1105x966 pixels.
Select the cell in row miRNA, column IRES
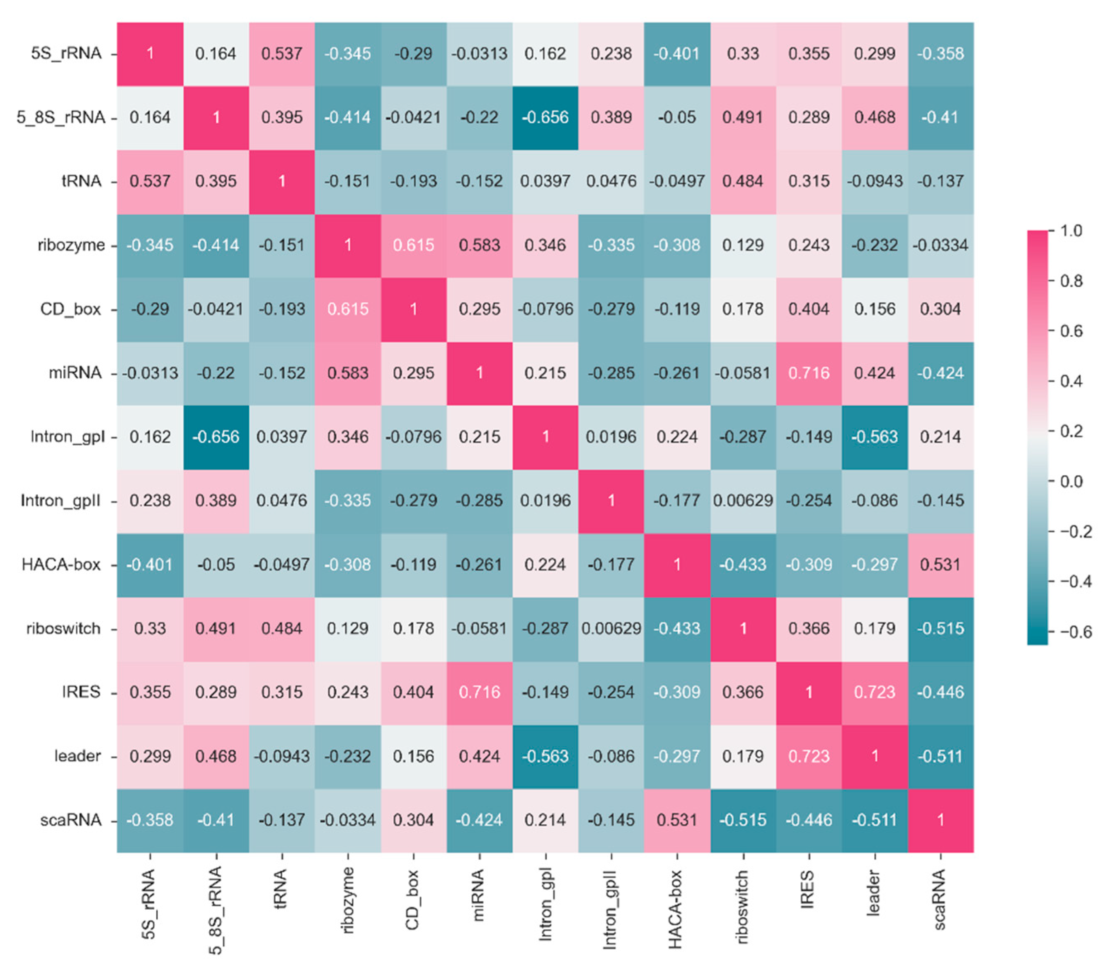(809, 373)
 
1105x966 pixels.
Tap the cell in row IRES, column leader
(874, 692)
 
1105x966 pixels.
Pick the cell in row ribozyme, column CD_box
(413, 245)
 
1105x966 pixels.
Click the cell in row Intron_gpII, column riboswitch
(743, 501)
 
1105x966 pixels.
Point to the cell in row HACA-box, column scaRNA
(940, 564)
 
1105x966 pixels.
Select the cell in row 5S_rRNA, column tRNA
(281, 53)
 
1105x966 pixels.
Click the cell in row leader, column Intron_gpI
(545, 756)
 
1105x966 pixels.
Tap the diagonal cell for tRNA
(281, 181)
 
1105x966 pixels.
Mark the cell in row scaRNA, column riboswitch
(743, 820)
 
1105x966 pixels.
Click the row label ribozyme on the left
(71, 245)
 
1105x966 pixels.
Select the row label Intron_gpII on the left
(61, 501)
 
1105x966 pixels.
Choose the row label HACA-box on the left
(61, 564)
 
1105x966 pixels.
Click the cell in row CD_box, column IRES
(809, 309)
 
